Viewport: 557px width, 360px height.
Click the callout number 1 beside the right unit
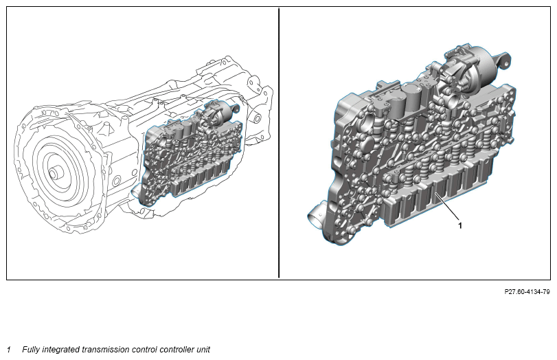(x=460, y=225)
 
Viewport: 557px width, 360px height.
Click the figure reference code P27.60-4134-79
(x=527, y=292)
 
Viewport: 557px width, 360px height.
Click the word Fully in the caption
(x=31, y=350)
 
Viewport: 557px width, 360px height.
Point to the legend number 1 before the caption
(x=9, y=350)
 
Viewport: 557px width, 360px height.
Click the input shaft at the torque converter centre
(x=54, y=174)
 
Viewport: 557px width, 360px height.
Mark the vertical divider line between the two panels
(x=279, y=143)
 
